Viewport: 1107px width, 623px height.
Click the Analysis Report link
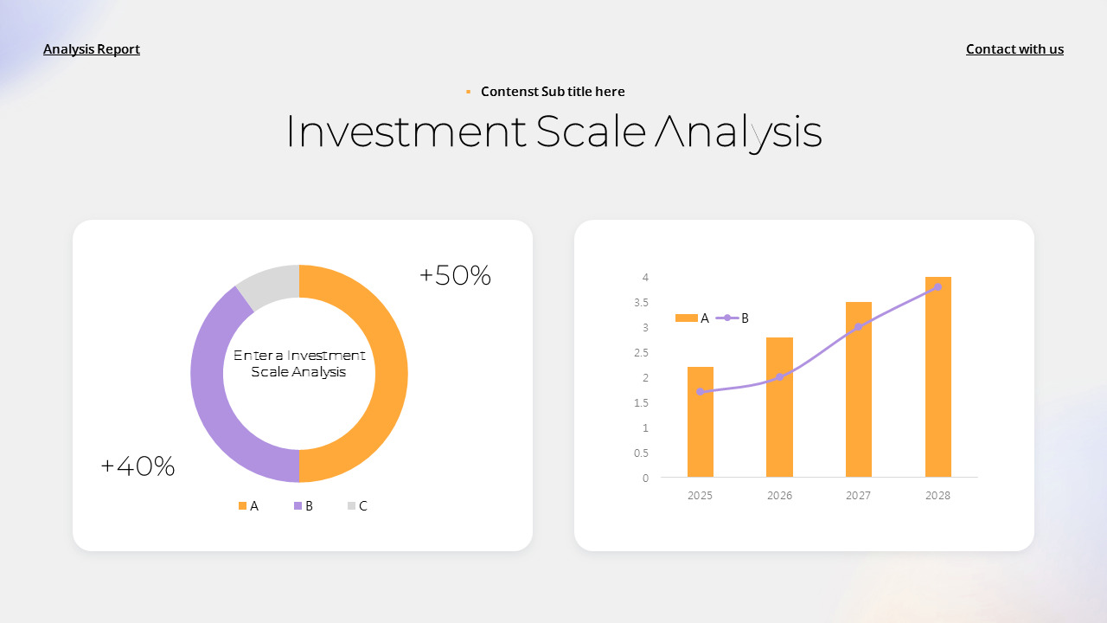coord(92,49)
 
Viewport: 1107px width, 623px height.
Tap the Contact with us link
coord(1014,49)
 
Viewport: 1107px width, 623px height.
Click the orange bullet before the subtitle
coord(468,92)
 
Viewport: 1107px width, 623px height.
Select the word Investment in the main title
coord(405,132)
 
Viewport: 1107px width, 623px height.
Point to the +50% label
coord(455,276)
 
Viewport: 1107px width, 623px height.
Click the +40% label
coord(138,467)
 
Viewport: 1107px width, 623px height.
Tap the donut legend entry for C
coord(357,506)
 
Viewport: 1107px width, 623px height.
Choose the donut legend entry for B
coord(304,506)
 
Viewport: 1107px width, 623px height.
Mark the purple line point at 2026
coord(779,377)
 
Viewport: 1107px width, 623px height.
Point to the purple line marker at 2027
coord(859,327)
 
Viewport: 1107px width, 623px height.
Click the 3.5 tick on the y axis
coord(641,303)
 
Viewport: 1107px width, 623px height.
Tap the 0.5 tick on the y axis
coord(641,453)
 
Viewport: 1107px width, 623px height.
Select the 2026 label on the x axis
coord(779,496)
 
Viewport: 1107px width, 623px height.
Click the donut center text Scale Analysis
coord(298,372)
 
